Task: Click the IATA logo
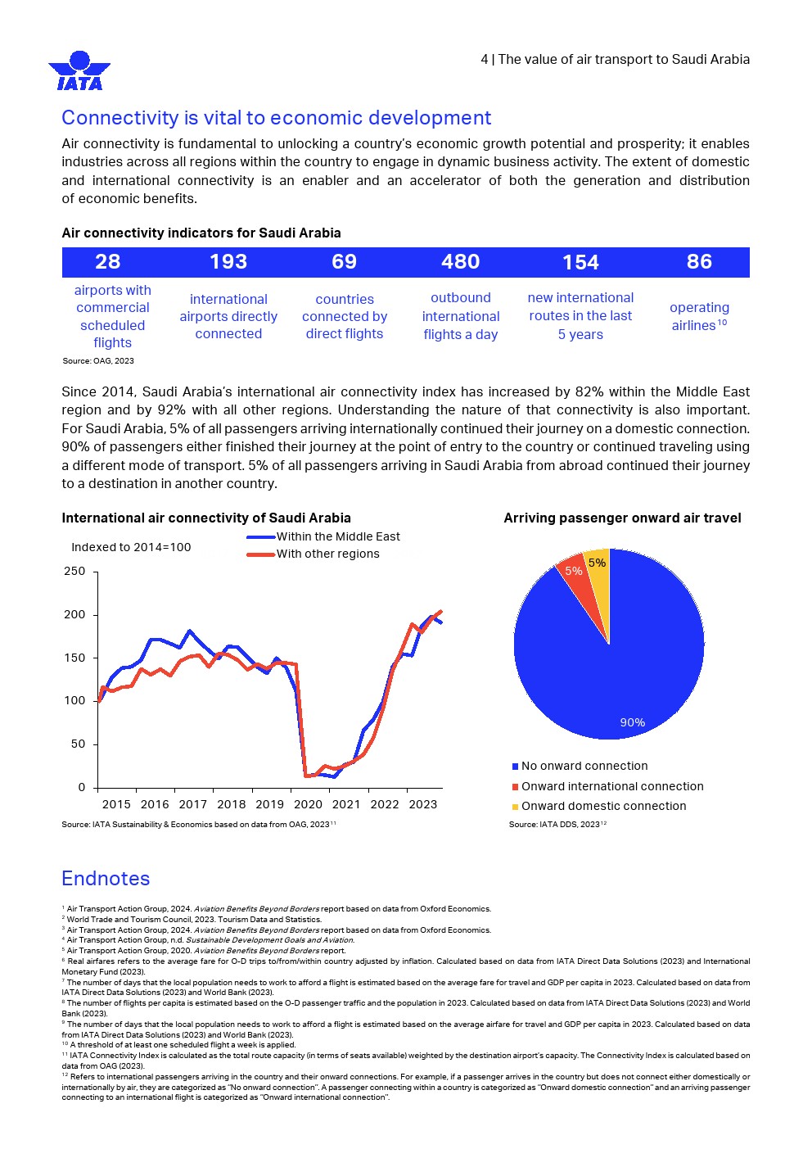point(79,70)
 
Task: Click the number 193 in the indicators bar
point(228,262)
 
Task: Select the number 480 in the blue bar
point(461,262)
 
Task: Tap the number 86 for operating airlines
point(699,262)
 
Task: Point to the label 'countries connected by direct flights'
point(345,317)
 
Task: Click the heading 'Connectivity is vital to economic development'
point(277,118)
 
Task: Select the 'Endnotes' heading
point(106,879)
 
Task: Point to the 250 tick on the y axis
point(74,572)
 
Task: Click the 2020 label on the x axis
point(308,805)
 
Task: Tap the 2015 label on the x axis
point(116,805)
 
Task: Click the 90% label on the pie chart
point(632,722)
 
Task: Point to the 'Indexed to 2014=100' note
point(131,548)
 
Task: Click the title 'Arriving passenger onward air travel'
point(622,518)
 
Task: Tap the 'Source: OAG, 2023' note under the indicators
point(98,361)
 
